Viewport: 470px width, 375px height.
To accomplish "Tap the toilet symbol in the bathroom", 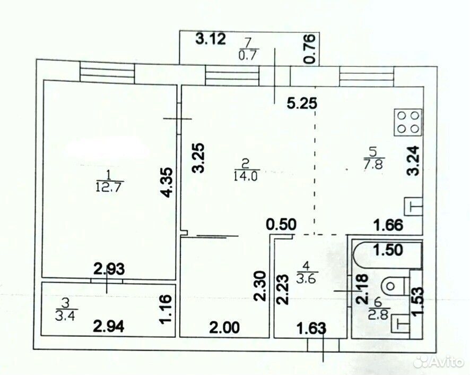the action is pyautogui.click(x=395, y=286).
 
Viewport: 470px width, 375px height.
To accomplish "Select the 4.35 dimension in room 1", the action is pyautogui.click(x=166, y=182).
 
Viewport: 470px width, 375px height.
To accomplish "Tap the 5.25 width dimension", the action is pyautogui.click(x=301, y=104).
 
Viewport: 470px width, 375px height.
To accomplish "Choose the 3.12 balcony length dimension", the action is pyautogui.click(x=211, y=39).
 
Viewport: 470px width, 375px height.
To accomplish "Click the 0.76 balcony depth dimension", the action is pyautogui.click(x=310, y=49).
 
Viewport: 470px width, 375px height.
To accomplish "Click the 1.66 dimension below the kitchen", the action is pyautogui.click(x=388, y=225).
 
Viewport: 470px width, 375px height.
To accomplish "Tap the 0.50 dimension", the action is pyautogui.click(x=282, y=224).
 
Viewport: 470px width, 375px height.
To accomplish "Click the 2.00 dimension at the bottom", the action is pyautogui.click(x=225, y=328).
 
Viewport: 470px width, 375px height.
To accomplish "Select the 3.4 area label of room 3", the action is pyautogui.click(x=65, y=316).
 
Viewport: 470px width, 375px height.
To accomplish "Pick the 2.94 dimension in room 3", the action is pyautogui.click(x=109, y=326).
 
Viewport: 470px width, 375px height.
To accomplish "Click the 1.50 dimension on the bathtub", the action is pyautogui.click(x=388, y=250).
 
